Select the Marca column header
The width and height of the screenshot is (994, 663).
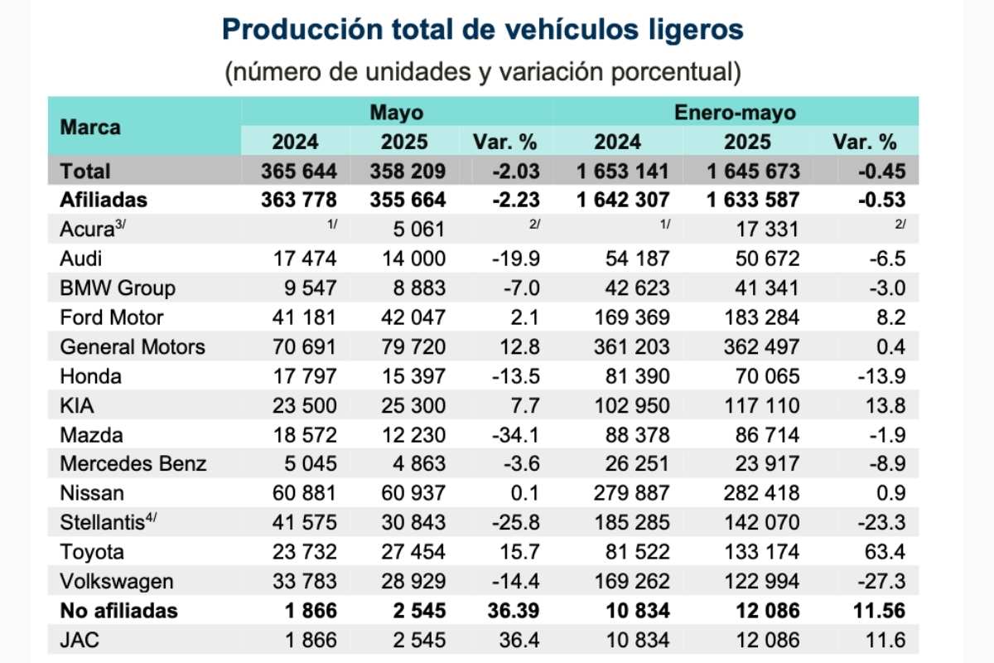click(x=90, y=127)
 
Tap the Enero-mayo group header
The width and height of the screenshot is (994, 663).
click(x=735, y=112)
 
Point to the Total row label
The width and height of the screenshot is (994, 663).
click(x=85, y=172)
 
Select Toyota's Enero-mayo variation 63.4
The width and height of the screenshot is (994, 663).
click(x=884, y=552)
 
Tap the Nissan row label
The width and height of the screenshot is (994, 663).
click(x=92, y=493)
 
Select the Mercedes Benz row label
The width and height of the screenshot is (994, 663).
click(x=133, y=464)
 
